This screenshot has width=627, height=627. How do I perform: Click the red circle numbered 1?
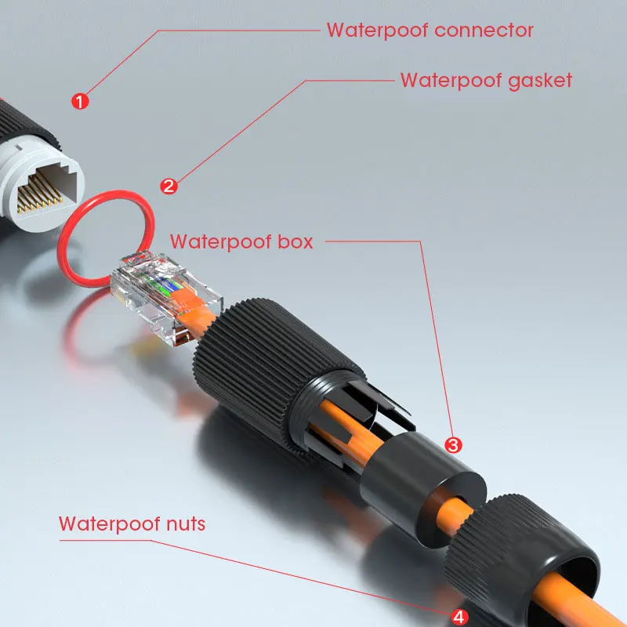(x=81, y=101)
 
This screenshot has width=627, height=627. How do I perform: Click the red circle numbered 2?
(x=169, y=186)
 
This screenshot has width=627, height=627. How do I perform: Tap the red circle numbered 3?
(x=453, y=445)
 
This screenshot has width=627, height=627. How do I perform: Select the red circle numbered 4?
(x=460, y=616)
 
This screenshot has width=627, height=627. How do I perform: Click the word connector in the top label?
(x=484, y=31)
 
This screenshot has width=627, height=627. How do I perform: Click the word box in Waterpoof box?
(x=294, y=241)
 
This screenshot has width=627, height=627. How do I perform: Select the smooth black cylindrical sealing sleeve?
(x=423, y=478)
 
